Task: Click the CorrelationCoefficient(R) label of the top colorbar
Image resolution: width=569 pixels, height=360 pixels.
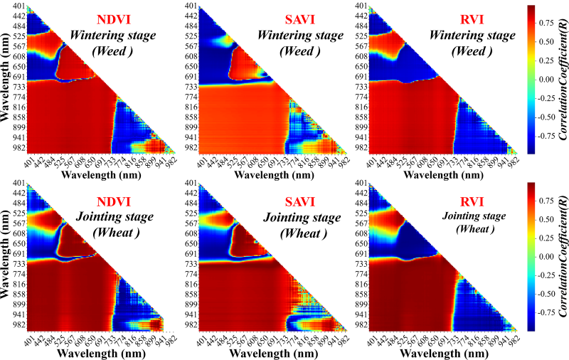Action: click(563, 80)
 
